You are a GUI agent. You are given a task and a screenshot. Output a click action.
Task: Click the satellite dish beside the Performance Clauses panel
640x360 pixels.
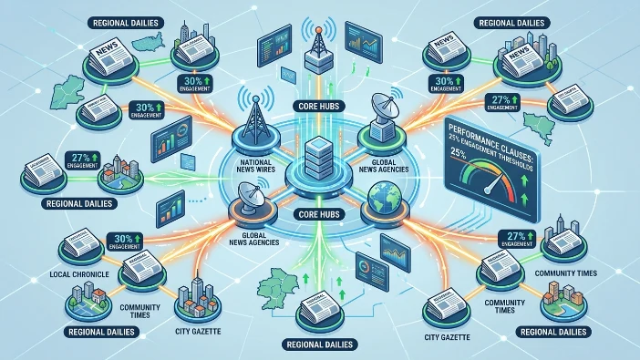(380, 114)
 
